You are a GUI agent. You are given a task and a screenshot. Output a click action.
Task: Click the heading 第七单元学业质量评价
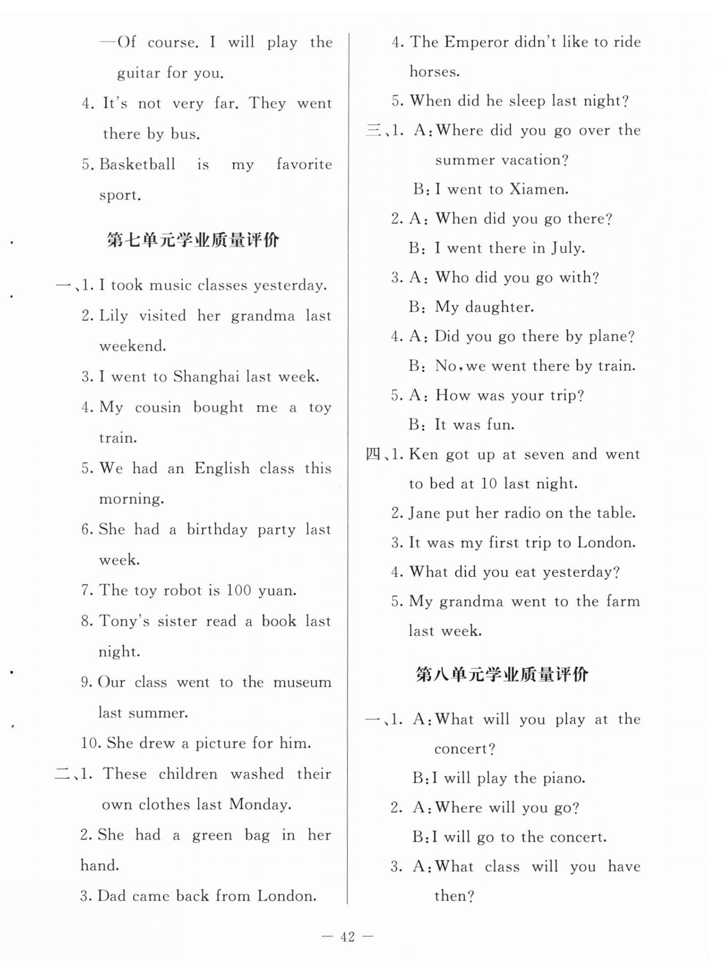pyautogui.click(x=193, y=240)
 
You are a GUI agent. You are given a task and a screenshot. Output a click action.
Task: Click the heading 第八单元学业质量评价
pyautogui.click(x=502, y=675)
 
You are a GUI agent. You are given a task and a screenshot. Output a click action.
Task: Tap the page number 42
pyautogui.click(x=348, y=937)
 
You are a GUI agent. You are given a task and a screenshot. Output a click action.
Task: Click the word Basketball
pyautogui.click(x=137, y=164)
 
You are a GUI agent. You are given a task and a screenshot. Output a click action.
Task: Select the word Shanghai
pyautogui.click(x=206, y=377)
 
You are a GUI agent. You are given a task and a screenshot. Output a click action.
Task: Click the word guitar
pyautogui.click(x=137, y=73)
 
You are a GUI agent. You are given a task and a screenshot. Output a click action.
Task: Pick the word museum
pyautogui.click(x=302, y=683)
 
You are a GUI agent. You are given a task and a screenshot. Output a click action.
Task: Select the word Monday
pyautogui.click(x=260, y=804)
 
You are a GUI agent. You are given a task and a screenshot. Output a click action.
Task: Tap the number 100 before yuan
pyautogui.click(x=238, y=591)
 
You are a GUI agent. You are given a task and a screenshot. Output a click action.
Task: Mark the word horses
pyautogui.click(x=434, y=72)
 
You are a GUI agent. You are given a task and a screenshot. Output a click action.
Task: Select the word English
pyautogui.click(x=222, y=468)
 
